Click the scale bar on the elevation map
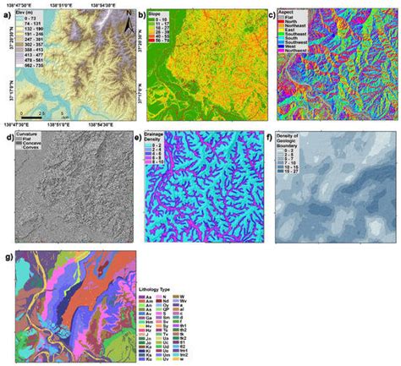point(34,110)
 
